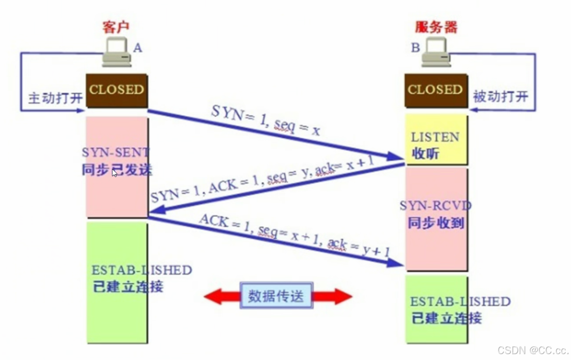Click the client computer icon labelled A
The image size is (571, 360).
tap(117, 53)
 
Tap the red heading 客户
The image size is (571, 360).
tap(116, 26)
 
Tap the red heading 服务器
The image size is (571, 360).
tap(436, 26)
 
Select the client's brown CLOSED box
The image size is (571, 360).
tap(117, 90)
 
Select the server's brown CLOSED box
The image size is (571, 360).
tap(435, 90)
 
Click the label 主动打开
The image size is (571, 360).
tap(55, 98)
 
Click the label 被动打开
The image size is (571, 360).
tap(500, 97)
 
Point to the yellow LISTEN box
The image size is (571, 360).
tap(436, 139)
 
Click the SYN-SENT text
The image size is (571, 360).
tap(116, 152)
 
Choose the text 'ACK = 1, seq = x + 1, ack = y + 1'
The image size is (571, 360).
tap(294, 235)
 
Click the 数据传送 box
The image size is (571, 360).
tap(276, 296)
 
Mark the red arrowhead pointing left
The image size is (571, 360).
tap(215, 296)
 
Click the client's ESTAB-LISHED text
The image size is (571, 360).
tap(142, 270)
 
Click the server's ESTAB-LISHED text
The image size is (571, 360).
tap(460, 301)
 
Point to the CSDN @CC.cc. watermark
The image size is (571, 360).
tap(533, 350)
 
